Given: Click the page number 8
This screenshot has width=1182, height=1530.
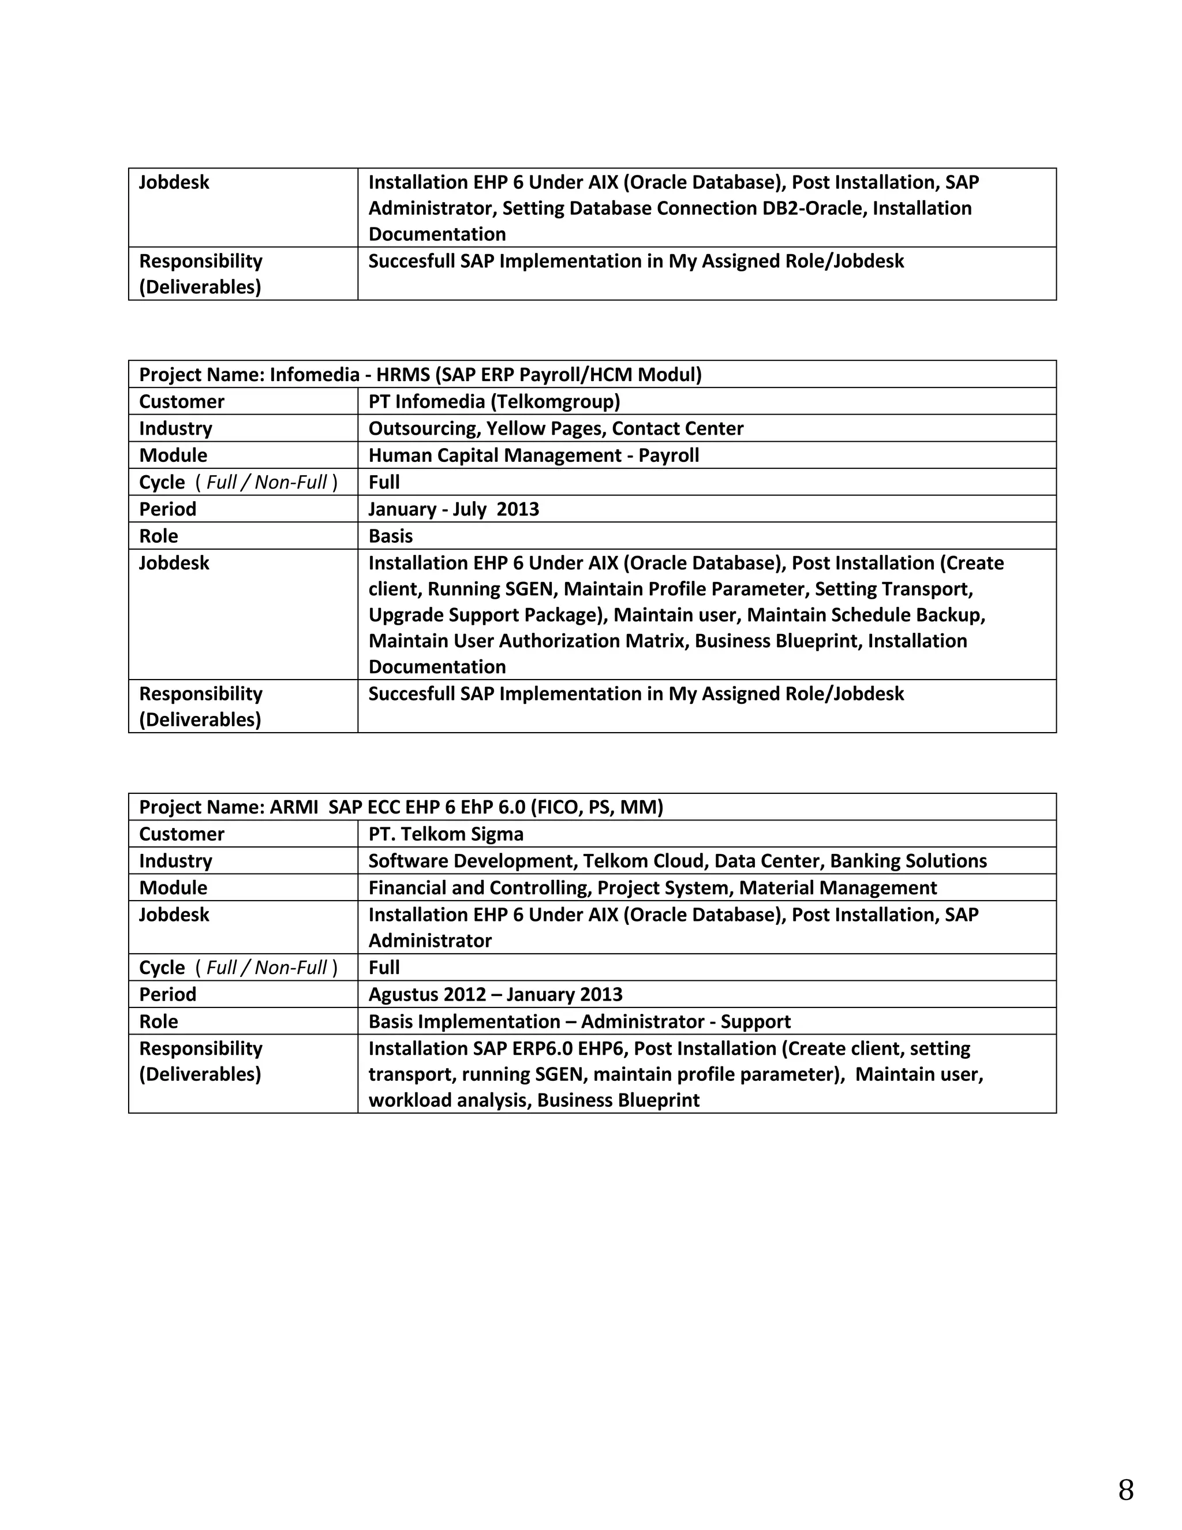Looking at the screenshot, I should (1125, 1490).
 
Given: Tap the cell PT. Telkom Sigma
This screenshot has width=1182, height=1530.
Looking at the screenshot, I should (446, 834).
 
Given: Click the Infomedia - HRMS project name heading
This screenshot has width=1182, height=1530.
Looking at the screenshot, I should (420, 374).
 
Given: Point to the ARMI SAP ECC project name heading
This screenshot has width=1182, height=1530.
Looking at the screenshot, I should (401, 807).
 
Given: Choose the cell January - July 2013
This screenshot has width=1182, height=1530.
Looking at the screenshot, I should (453, 509).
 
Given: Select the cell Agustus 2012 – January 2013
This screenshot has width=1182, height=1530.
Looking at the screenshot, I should (495, 994).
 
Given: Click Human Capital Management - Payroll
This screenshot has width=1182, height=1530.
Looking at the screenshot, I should (534, 456).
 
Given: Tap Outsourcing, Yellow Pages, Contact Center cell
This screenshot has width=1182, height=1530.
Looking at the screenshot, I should (555, 428).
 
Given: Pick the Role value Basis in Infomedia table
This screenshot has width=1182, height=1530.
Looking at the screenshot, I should (390, 536).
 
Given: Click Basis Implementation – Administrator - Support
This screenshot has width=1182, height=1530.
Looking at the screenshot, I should (579, 1021).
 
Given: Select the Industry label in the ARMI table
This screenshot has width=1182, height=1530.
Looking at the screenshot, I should (175, 861).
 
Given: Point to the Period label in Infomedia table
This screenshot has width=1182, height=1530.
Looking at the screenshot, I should (167, 509).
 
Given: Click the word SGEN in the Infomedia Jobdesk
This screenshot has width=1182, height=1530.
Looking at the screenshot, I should (529, 589).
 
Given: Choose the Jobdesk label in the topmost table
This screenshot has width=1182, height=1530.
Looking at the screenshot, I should (174, 182).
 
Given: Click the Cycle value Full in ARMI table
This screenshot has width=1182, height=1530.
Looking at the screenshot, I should (384, 968).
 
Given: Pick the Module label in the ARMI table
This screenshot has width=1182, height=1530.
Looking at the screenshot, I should (173, 887).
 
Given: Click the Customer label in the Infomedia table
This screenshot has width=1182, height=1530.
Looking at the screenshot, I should (181, 401).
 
